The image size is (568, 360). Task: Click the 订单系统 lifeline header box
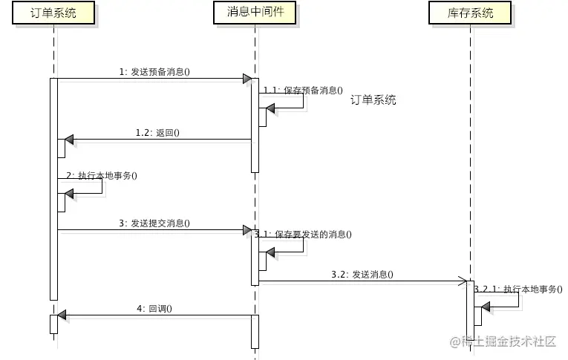[54, 13]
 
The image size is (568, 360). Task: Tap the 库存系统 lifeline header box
[471, 13]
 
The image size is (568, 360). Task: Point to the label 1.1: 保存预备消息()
[303, 91]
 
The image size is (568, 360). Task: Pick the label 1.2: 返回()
[157, 133]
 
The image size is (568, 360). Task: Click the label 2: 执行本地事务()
[102, 175]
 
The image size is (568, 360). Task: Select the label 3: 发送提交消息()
[154, 223]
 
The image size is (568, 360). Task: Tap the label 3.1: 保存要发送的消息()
[303, 234]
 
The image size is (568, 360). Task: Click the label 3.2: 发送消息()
[362, 274]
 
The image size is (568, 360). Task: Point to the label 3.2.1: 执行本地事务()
[518, 289]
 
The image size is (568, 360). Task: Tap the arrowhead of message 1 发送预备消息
[247, 79]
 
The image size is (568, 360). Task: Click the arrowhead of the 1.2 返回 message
[69, 140]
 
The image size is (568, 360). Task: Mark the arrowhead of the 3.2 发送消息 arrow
[461, 281]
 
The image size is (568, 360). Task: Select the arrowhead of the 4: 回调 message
[62, 315]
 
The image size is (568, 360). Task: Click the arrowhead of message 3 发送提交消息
[247, 230]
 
